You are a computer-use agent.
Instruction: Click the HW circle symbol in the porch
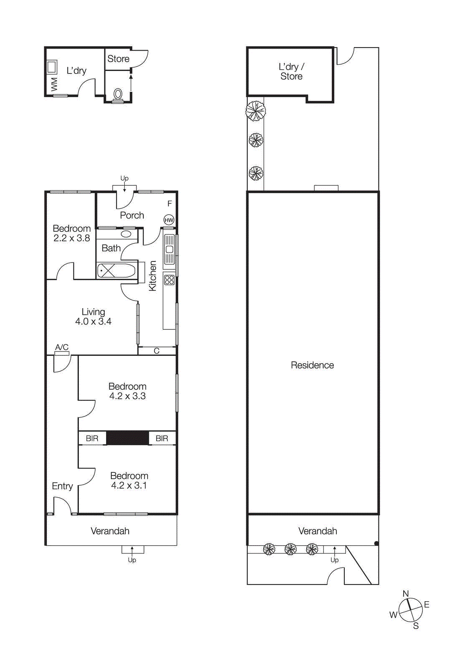(169, 220)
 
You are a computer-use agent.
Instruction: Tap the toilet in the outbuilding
(118, 94)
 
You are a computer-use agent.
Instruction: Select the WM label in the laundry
(54, 84)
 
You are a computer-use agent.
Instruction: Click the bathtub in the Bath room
(116, 271)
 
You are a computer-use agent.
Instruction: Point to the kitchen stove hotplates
(169, 280)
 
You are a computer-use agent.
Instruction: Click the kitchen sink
(169, 250)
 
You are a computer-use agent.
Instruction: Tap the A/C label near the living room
(62, 347)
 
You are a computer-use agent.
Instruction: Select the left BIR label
(92, 438)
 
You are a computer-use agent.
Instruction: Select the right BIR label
(162, 438)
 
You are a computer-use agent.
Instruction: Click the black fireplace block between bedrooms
(127, 438)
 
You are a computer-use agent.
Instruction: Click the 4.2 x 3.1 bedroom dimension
(129, 486)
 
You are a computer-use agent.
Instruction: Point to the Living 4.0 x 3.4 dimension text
(93, 321)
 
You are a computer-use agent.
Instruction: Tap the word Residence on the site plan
(312, 365)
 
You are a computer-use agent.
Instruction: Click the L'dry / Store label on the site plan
(291, 71)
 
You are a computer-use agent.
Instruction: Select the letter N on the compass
(406, 594)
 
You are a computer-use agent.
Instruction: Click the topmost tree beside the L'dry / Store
(255, 111)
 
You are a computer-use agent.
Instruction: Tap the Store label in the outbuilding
(118, 59)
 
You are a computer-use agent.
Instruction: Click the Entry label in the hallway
(62, 486)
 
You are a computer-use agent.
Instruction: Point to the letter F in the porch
(169, 204)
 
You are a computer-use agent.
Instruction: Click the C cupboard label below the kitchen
(156, 351)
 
